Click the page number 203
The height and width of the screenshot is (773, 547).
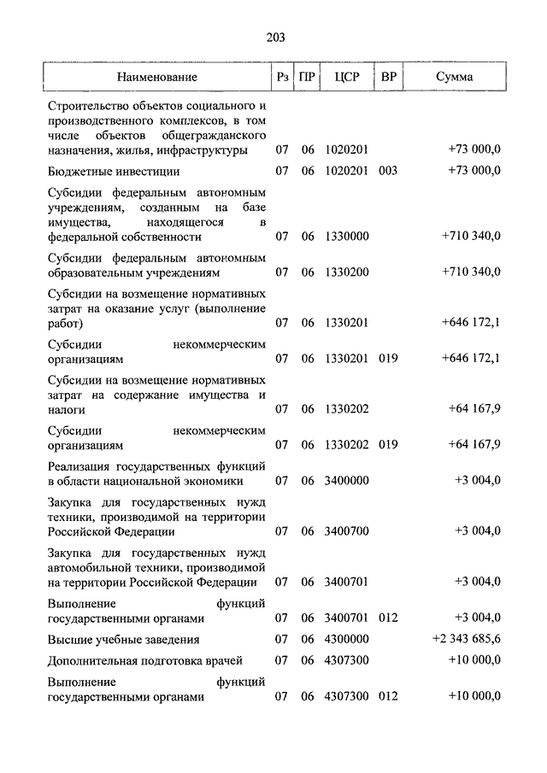[274, 37]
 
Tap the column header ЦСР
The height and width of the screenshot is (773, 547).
[346, 77]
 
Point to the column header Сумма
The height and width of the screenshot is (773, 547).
[455, 77]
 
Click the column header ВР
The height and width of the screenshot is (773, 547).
[388, 77]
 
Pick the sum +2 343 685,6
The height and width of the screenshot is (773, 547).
[467, 639]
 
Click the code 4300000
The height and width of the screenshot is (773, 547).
[346, 639]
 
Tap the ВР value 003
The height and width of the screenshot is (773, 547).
[388, 171]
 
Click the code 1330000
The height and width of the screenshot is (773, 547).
[346, 237]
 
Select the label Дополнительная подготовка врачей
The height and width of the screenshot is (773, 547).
[145, 660]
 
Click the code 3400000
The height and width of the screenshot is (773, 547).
[346, 481]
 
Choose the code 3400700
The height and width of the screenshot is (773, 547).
[346, 531]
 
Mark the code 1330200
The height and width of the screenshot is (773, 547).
[346, 272]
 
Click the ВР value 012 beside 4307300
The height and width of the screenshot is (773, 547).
[388, 697]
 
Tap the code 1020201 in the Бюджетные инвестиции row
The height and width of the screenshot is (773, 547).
[346, 171]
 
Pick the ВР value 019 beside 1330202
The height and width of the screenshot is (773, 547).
[388, 445]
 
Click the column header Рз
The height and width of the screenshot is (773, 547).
[282, 77]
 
